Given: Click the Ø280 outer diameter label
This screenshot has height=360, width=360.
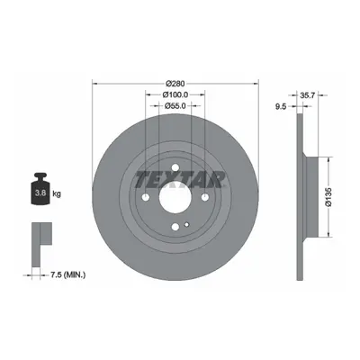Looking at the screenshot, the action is (175, 83).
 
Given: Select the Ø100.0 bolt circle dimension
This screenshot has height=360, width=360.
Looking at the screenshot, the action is (175, 94).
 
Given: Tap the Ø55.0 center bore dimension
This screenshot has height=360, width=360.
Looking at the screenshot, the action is (175, 105).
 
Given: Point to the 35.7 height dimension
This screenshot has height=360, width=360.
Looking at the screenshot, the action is (307, 95).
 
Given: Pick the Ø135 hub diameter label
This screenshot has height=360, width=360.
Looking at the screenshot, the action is (328, 197).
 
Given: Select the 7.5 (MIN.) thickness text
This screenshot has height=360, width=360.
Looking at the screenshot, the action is (67, 274).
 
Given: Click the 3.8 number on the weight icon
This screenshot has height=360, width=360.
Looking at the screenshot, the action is (40, 193).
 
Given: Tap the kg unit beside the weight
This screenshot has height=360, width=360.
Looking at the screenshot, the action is (57, 193).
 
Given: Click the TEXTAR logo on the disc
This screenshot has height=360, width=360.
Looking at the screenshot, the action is (180, 179).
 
